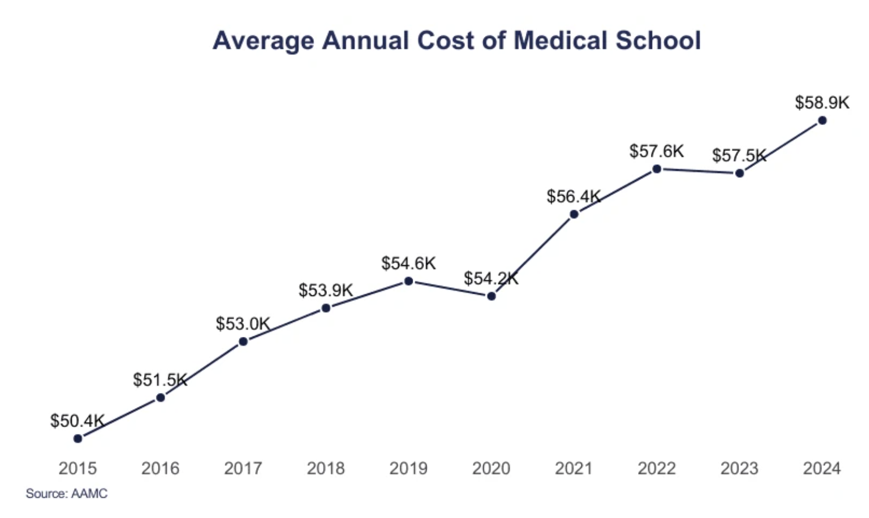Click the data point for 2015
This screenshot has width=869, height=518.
pyautogui.click(x=78, y=438)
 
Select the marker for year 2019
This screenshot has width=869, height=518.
pyautogui.click(x=409, y=281)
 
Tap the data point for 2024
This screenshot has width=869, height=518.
pyautogui.click(x=822, y=120)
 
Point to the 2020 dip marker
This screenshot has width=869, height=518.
pyautogui.click(x=491, y=296)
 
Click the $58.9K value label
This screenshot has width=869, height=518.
pyautogui.click(x=822, y=103)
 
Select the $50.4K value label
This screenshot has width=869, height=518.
pyautogui.click(x=77, y=420)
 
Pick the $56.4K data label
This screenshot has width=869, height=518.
pyautogui.click(x=574, y=196)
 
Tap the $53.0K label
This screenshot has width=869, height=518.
pyautogui.click(x=243, y=323)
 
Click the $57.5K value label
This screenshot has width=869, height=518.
pyautogui.click(x=739, y=155)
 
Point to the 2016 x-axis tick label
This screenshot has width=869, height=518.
pyautogui.click(x=160, y=468)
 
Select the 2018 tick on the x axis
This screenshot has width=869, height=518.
pyautogui.click(x=326, y=468)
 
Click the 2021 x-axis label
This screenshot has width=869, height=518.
pyautogui.click(x=574, y=468)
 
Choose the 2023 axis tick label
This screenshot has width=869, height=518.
pyautogui.click(x=739, y=468)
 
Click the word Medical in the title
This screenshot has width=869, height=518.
pyautogui.click(x=561, y=40)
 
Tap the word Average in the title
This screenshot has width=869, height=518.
pyautogui.click(x=264, y=40)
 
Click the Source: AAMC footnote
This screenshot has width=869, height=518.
pyautogui.click(x=66, y=494)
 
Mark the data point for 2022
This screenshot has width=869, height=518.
pyautogui.click(x=657, y=169)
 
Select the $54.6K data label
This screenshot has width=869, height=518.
pyautogui.click(x=408, y=263)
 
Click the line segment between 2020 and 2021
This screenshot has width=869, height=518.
pyautogui.click(x=533, y=255)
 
